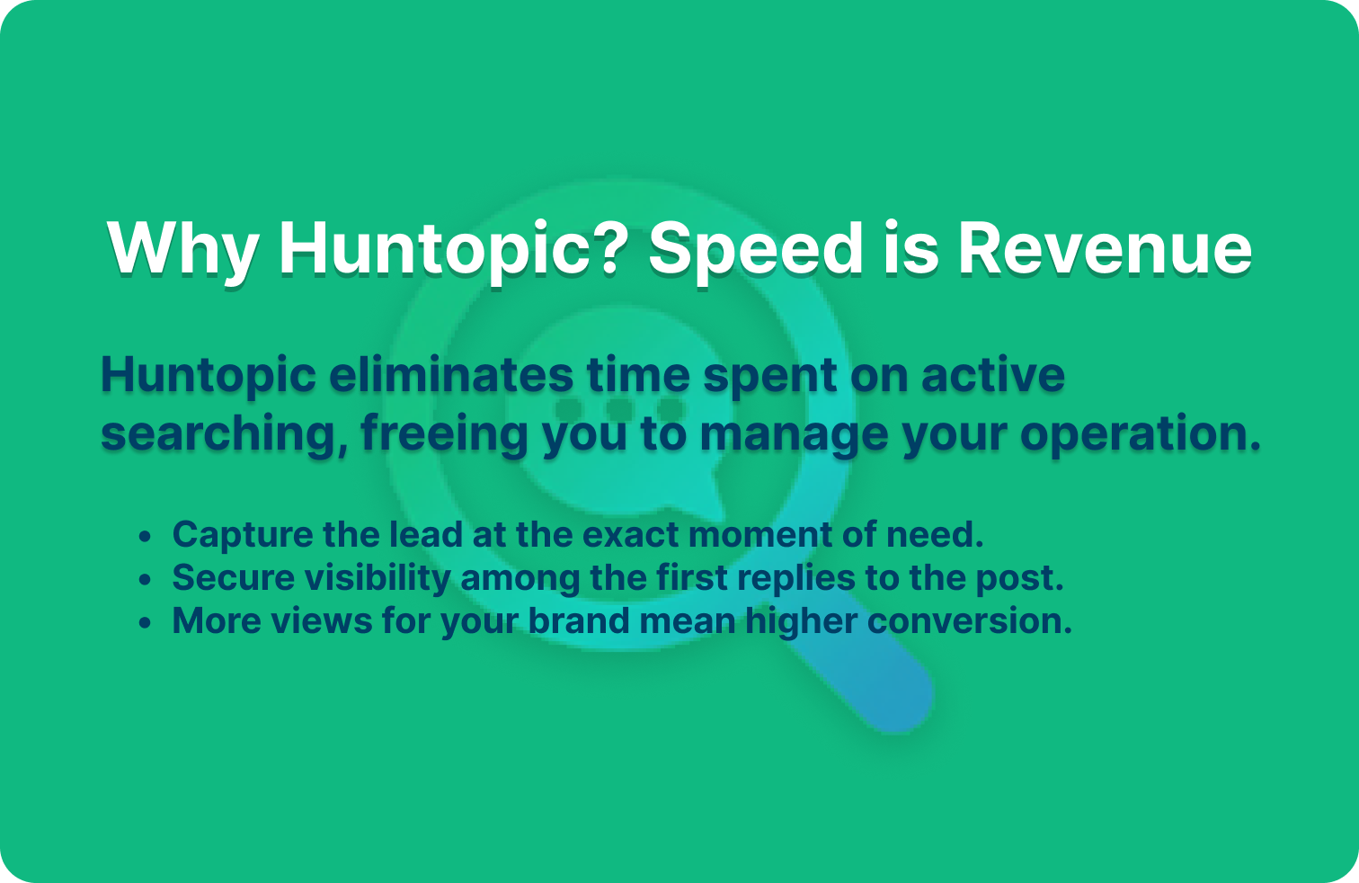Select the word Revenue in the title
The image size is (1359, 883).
click(x=1104, y=248)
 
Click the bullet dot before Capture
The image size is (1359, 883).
click(x=146, y=537)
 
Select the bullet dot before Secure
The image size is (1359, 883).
click(x=146, y=580)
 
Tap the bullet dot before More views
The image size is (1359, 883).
click(x=146, y=623)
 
